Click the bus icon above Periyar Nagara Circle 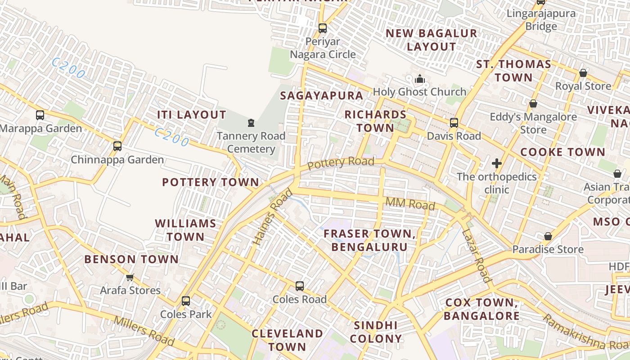click(x=322, y=28)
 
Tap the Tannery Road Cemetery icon click(x=251, y=122)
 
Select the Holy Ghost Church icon click(x=420, y=79)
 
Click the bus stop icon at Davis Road click(x=454, y=122)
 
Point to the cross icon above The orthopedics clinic click(x=497, y=163)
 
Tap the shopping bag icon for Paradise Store click(x=548, y=236)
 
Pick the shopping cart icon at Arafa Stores click(x=130, y=277)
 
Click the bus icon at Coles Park click(x=185, y=301)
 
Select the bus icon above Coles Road click(x=299, y=286)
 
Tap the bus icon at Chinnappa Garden click(x=117, y=146)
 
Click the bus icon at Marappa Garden click(x=40, y=115)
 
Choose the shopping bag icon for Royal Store click(x=583, y=73)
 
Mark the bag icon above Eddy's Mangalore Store click(x=533, y=104)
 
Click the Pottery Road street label click(x=341, y=163)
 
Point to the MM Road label click(x=410, y=204)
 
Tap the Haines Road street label click(x=273, y=217)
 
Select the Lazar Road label click(x=476, y=255)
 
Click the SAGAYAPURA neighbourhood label click(x=321, y=95)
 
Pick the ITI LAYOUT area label click(x=191, y=115)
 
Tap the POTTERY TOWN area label click(x=211, y=182)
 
